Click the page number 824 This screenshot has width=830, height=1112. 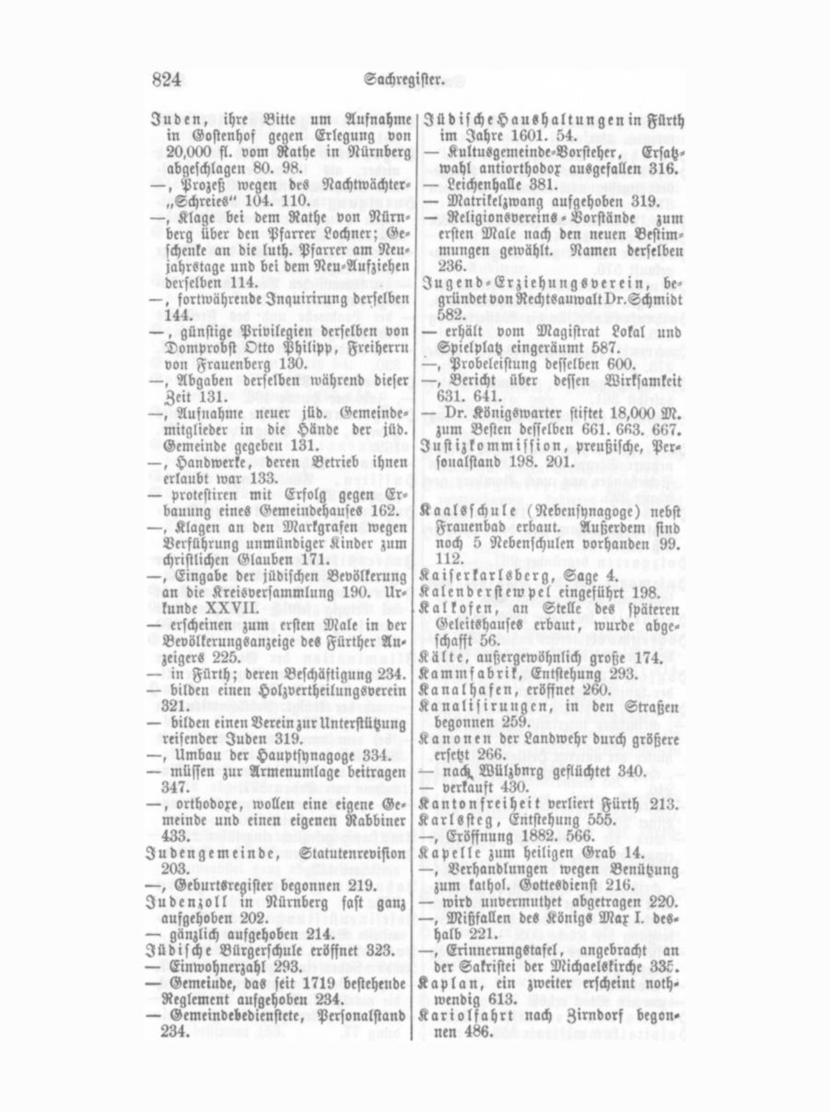(167, 80)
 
